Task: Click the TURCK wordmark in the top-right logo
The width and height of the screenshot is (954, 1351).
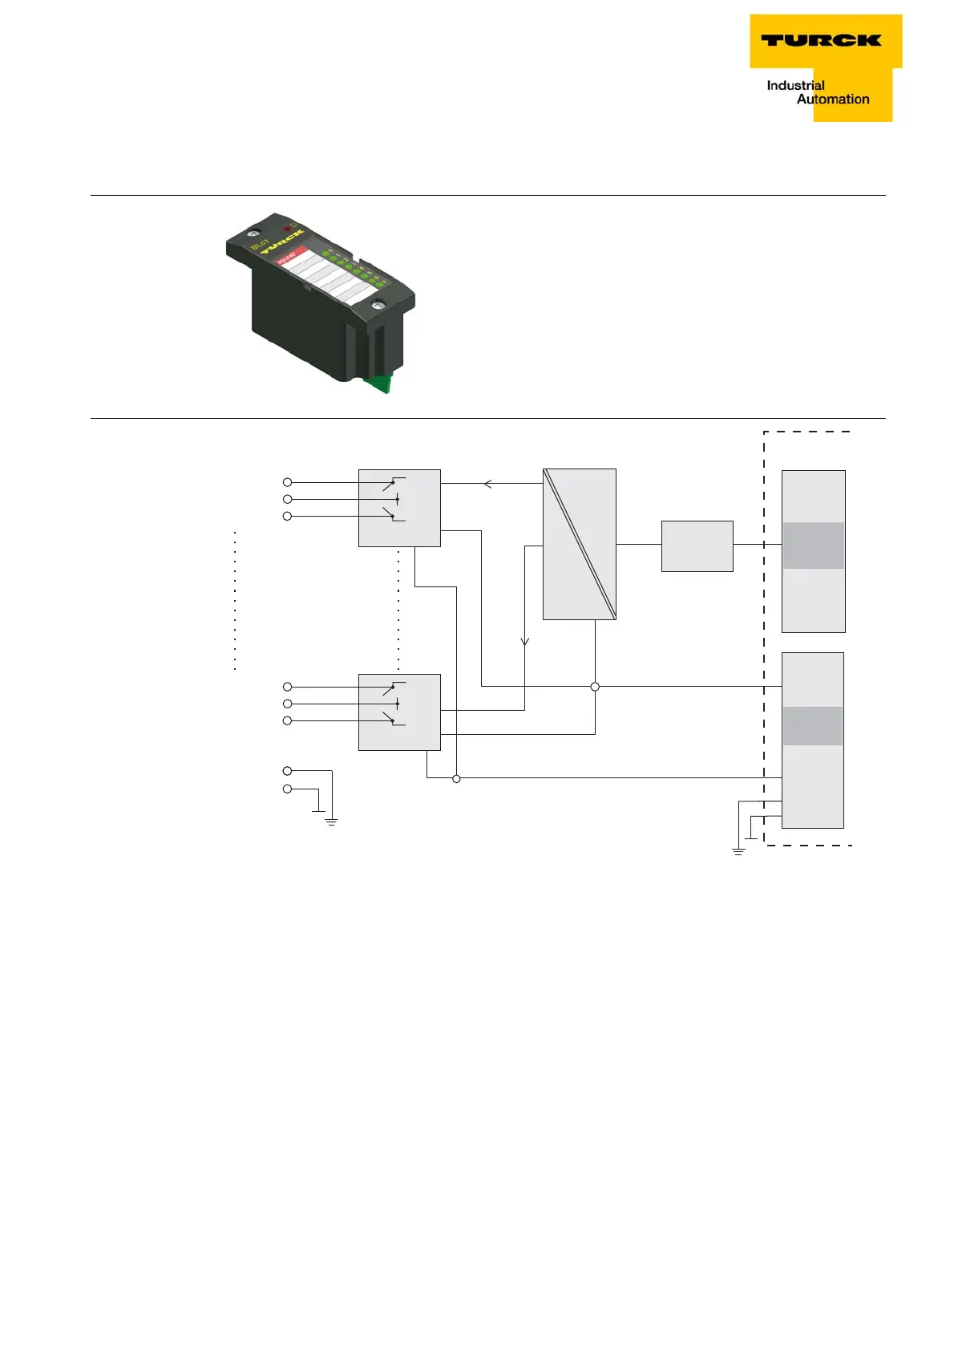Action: [821, 40]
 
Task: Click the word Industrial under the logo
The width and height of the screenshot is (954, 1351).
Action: [795, 86]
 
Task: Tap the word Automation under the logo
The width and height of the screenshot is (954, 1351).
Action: [833, 99]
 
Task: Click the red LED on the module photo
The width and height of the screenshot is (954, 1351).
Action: [286, 229]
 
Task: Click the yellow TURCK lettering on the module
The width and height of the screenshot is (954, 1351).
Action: [281, 241]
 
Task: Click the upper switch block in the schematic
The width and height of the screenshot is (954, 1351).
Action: [399, 508]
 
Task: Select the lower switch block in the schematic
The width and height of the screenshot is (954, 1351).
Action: [399, 712]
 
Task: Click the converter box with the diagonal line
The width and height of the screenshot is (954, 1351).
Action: [580, 544]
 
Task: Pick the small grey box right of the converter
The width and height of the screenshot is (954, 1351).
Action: [697, 546]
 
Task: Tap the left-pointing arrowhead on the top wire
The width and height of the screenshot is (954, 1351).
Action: [487, 484]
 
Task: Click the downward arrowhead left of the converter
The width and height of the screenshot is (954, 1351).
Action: [525, 641]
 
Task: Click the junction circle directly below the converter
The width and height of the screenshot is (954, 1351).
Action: [595, 687]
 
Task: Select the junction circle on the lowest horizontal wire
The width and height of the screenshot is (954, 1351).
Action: [456, 778]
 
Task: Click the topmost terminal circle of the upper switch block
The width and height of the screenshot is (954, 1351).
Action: [288, 482]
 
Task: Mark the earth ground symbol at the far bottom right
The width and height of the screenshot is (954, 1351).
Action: [738, 851]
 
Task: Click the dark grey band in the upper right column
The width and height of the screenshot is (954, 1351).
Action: [813, 546]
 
